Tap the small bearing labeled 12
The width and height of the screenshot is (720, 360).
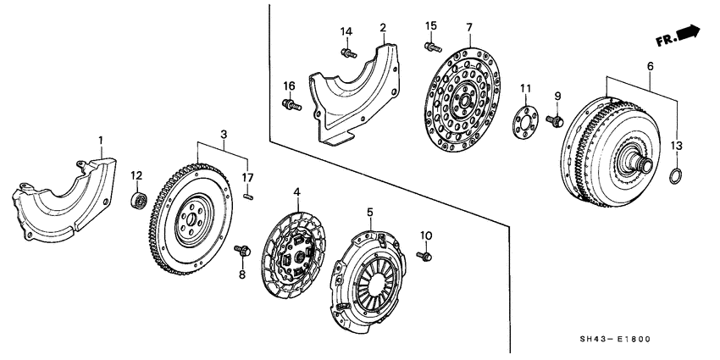[x=136, y=200]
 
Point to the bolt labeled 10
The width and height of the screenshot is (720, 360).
[x=425, y=253]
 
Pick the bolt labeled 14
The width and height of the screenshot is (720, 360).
[x=347, y=54]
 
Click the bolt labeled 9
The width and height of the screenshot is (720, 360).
[x=555, y=120]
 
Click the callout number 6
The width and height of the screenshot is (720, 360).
[x=650, y=66]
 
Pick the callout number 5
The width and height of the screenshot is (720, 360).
[x=369, y=212]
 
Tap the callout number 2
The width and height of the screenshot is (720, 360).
[x=384, y=28]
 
